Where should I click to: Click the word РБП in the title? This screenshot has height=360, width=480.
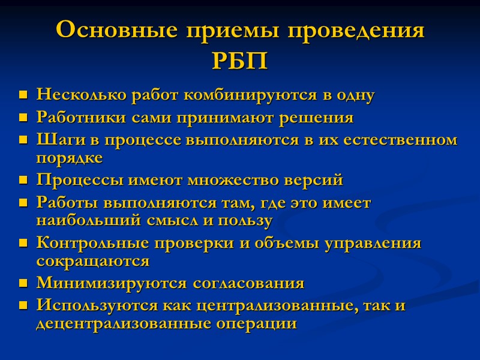tap(239, 61)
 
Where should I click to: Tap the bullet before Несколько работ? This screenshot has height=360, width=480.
tap(23, 95)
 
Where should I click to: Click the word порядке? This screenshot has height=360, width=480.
tap(70, 158)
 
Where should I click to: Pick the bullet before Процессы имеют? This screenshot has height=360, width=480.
tap(23, 180)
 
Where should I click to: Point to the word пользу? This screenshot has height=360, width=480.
tap(248, 220)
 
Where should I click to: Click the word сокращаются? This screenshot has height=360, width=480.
tap(92, 261)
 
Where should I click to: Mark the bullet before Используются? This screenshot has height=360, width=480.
tap(23, 305)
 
